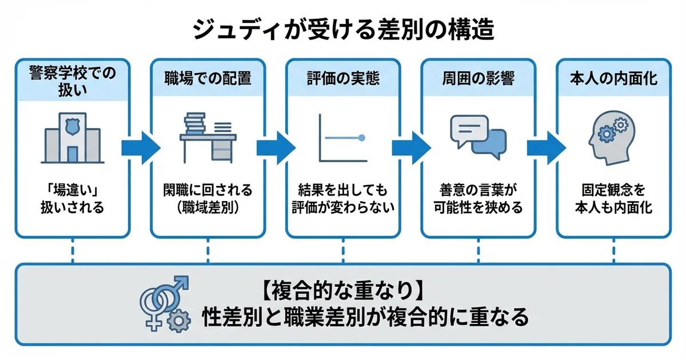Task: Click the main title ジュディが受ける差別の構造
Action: pyautogui.click(x=343, y=30)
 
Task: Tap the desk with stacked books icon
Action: pyautogui.click(x=208, y=137)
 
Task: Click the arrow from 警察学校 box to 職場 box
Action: pyautogui.click(x=140, y=148)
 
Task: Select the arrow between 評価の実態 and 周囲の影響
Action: pyautogui.click(x=410, y=148)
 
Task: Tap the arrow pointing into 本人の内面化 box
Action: pyautogui.click(x=546, y=148)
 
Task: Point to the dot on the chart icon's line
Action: pyautogui.click(x=361, y=138)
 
